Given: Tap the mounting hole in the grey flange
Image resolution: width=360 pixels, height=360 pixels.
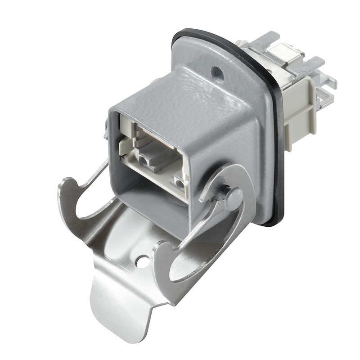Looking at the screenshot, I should click(x=217, y=71).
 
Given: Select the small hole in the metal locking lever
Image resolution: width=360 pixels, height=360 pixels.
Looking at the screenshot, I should click(x=143, y=260).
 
